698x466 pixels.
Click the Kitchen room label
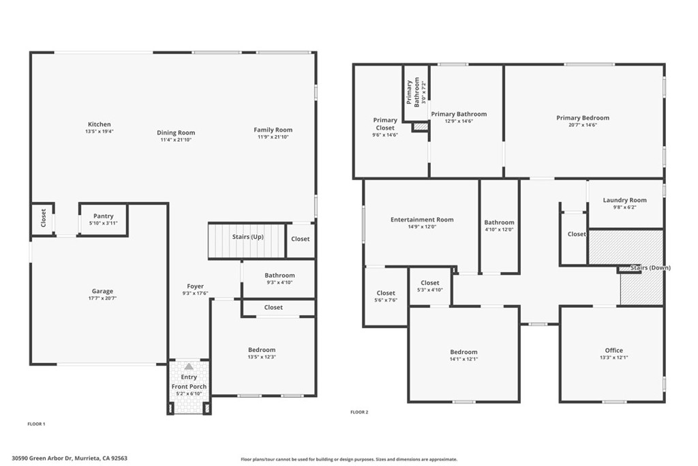100,124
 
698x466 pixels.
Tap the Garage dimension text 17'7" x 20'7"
102,298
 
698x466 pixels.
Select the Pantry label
104,216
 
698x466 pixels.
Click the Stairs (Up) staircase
247,241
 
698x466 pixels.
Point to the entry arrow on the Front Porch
189,366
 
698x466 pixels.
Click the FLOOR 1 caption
37,424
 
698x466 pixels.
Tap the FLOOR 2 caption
359,412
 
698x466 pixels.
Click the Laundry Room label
624,200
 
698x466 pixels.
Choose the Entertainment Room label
422,219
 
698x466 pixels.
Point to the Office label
614,350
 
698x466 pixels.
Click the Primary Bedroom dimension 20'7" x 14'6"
583,125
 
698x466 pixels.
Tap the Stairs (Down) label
650,267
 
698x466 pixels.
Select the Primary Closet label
385,124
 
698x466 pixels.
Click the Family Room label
273,130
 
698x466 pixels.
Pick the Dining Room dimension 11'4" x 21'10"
176,140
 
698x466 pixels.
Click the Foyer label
196,287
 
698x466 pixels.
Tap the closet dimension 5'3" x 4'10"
430,290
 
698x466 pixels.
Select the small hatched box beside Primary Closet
420,127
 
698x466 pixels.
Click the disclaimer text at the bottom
349,459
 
